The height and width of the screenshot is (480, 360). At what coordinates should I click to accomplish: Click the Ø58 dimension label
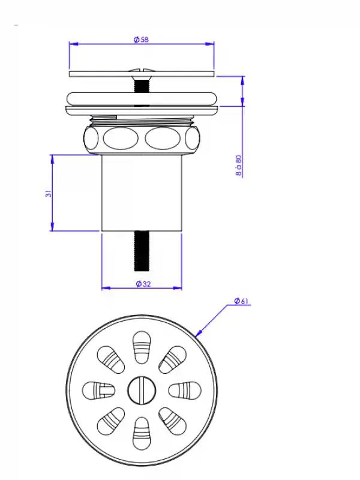click(141, 40)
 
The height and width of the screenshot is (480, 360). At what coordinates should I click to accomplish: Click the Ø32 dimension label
click(143, 284)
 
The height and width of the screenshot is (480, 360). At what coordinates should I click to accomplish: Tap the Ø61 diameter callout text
click(241, 301)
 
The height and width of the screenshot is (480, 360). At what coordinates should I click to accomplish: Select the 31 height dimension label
click(49, 193)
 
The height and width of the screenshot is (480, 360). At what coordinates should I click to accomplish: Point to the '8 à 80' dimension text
click(239, 166)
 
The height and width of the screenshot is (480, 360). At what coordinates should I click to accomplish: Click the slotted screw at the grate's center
click(142, 391)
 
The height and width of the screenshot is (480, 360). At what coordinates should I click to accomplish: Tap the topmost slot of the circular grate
click(142, 347)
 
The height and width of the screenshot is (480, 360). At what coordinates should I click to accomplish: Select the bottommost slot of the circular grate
click(142, 433)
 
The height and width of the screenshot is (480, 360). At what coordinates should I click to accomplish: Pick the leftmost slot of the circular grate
click(98, 391)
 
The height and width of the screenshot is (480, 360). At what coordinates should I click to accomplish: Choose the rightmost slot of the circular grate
click(185, 391)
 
